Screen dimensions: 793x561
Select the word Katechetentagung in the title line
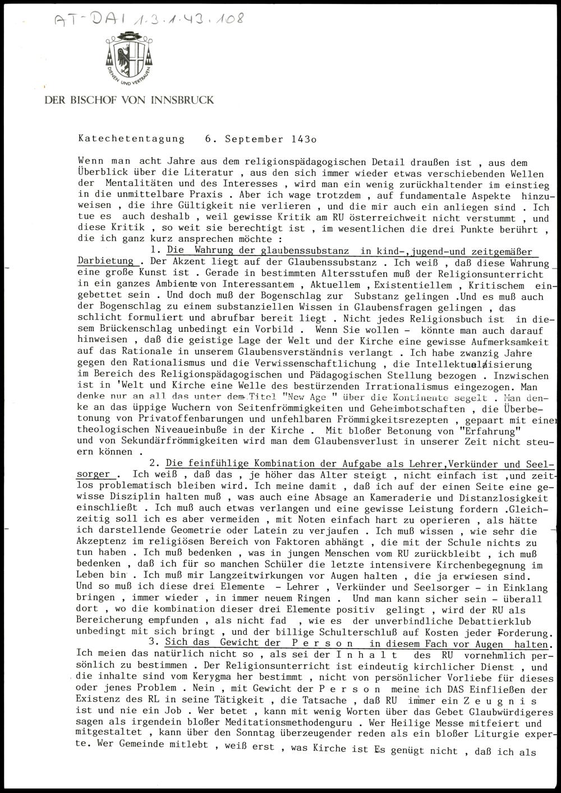[131, 139]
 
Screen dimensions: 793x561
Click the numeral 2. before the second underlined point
[155, 464]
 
